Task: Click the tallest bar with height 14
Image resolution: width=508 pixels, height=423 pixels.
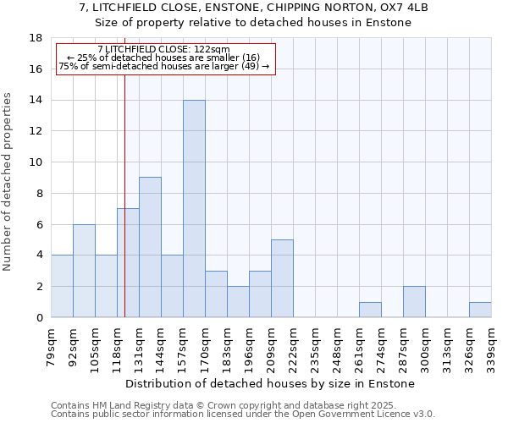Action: (x=194, y=209)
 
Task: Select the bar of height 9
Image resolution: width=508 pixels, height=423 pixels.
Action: (x=150, y=247)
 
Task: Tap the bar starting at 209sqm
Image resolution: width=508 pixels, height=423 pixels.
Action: (x=282, y=278)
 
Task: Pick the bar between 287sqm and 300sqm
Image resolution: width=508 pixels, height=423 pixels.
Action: (x=414, y=302)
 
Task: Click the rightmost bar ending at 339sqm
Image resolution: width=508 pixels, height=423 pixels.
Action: (x=480, y=310)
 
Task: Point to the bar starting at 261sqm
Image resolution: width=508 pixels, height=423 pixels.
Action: (x=370, y=310)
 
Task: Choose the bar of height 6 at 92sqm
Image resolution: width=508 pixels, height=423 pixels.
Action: (x=84, y=271)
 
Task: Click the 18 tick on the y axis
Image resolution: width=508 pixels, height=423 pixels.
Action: (x=36, y=38)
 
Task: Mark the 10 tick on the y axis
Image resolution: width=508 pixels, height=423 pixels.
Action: (x=36, y=162)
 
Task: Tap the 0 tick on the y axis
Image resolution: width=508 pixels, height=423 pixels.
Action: (x=39, y=317)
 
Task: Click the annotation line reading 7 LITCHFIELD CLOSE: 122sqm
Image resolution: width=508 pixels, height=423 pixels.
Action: (x=163, y=50)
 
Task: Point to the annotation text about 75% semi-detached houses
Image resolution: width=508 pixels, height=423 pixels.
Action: (x=163, y=66)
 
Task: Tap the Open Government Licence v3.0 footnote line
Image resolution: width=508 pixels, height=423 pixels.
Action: (x=243, y=414)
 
